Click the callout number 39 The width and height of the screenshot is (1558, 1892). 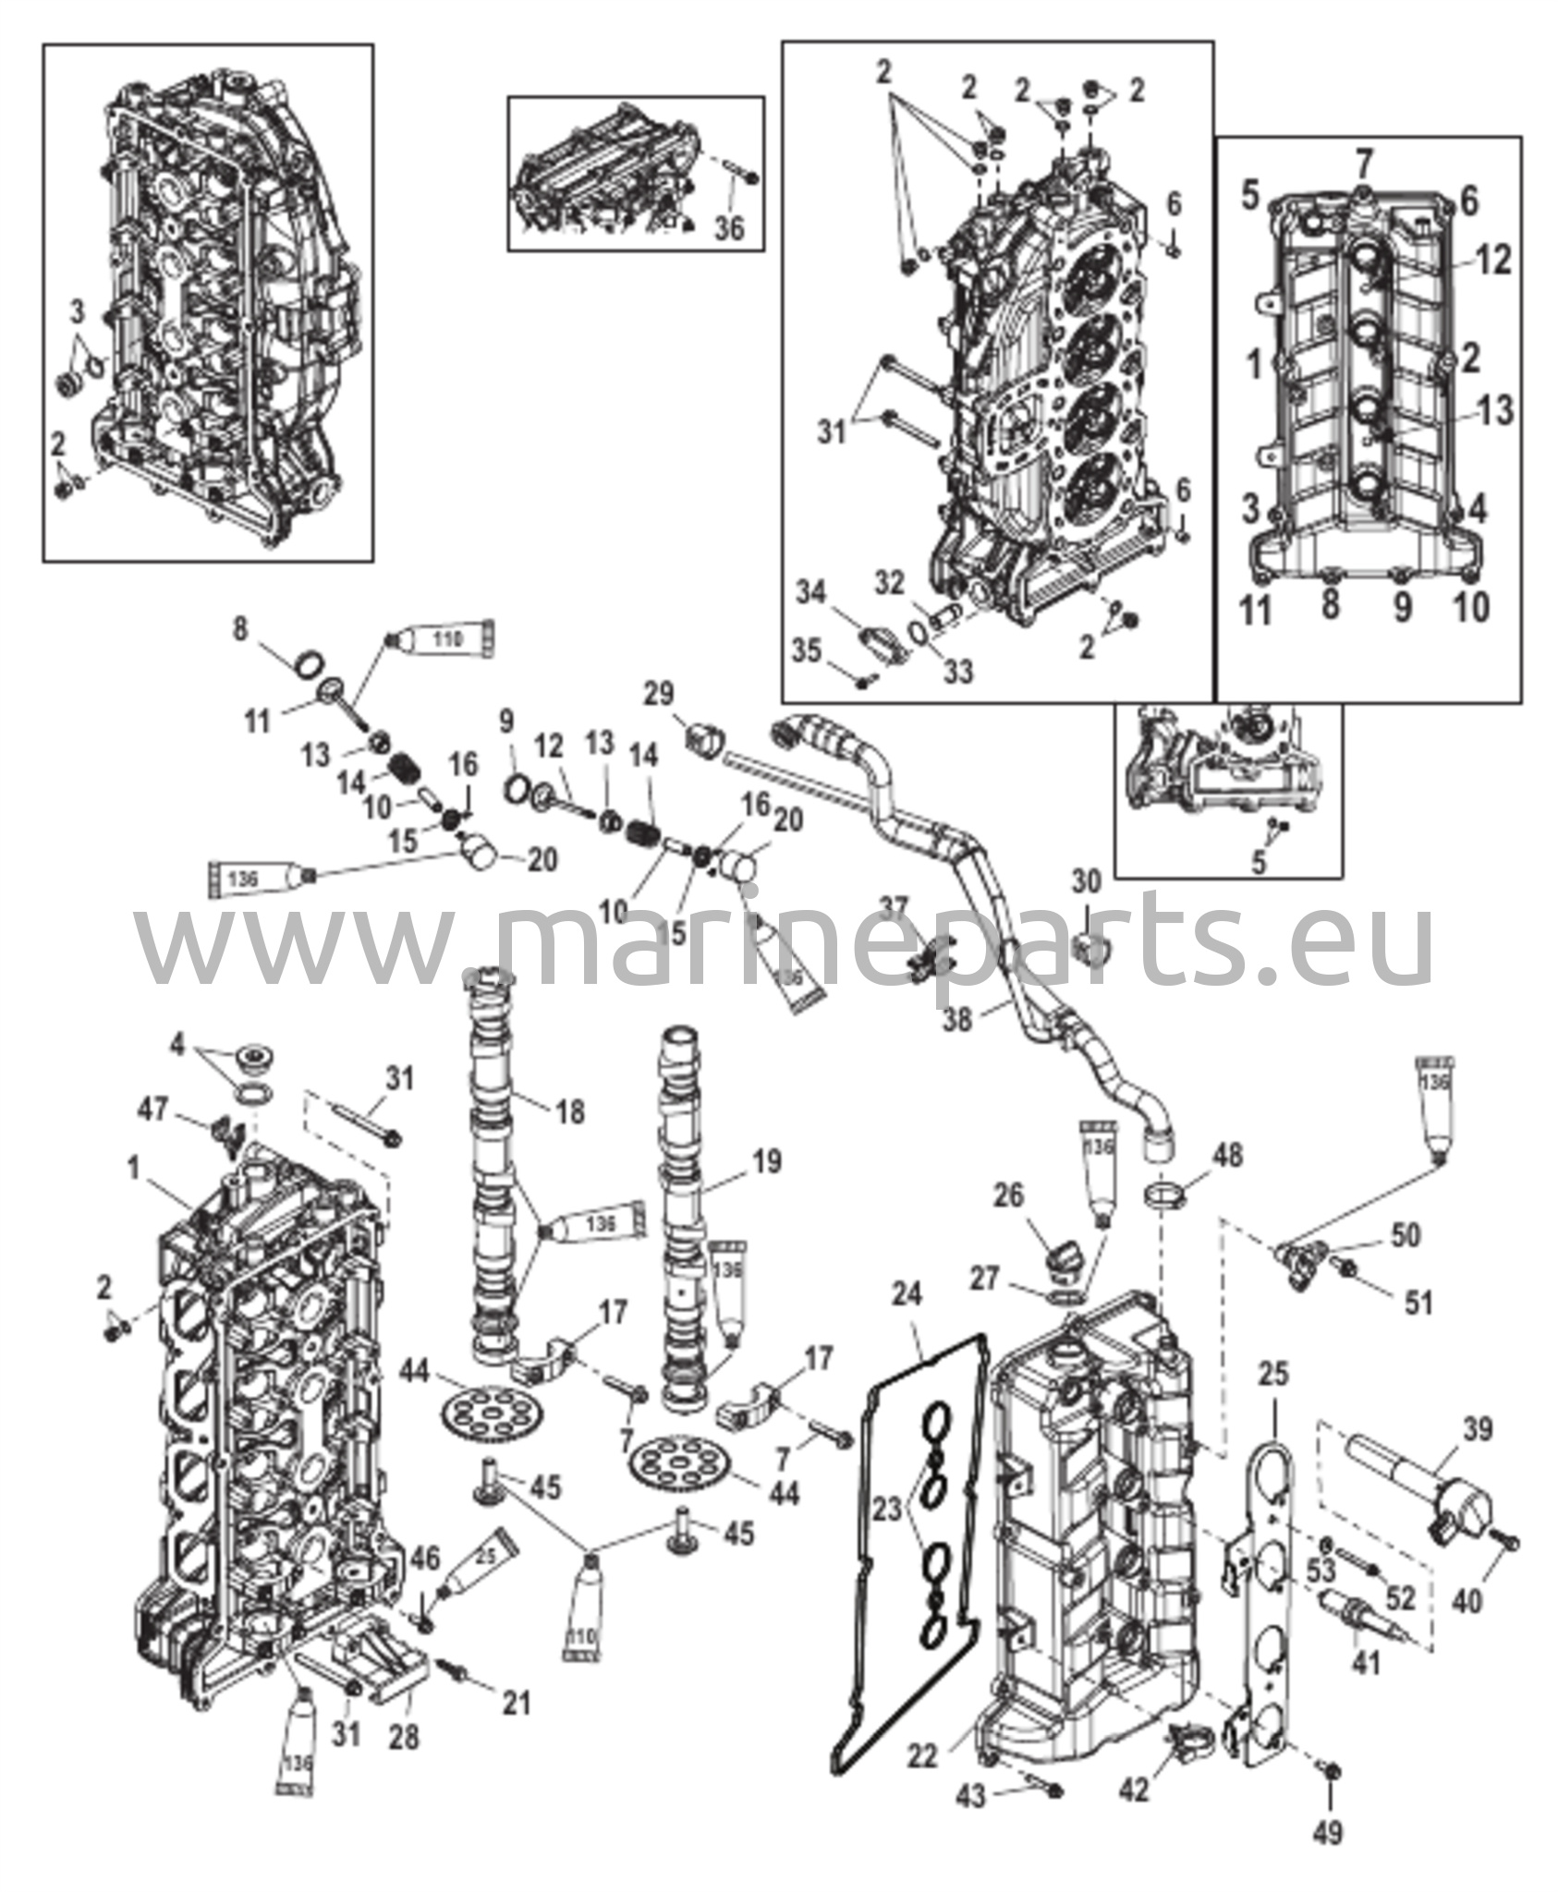pyautogui.click(x=1477, y=1431)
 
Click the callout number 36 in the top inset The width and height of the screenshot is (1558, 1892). pyautogui.click(x=730, y=227)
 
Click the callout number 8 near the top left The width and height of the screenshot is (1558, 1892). pyautogui.click(x=240, y=631)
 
